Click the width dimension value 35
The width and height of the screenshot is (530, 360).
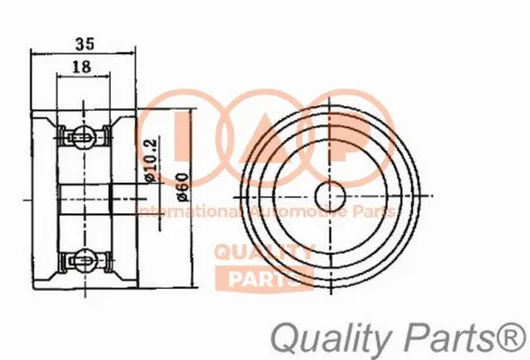tap(84, 40)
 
